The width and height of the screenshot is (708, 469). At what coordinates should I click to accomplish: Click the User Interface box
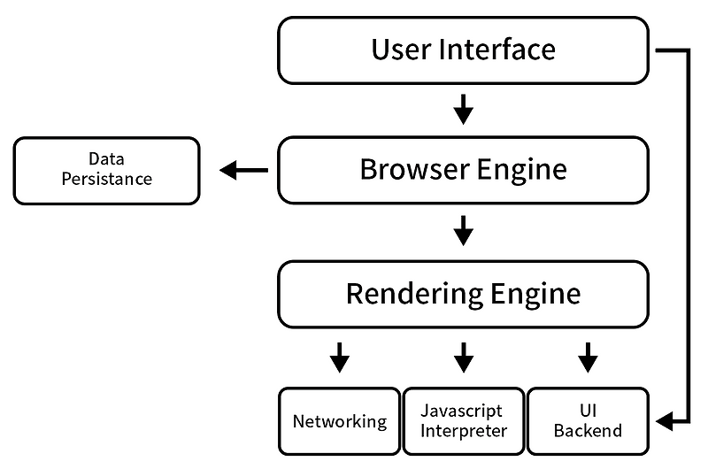[x=463, y=50]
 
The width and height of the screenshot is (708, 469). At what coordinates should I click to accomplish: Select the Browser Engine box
[x=463, y=170]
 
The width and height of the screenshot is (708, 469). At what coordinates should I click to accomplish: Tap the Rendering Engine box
[x=463, y=294]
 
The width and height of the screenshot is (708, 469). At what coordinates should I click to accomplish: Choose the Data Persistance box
[x=106, y=170]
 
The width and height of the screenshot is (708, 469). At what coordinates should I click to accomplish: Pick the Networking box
[x=340, y=419]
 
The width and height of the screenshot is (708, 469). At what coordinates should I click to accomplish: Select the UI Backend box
[x=588, y=419]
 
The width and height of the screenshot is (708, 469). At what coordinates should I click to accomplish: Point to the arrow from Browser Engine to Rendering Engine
[x=463, y=231]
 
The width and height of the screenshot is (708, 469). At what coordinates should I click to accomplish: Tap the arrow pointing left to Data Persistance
[x=243, y=170]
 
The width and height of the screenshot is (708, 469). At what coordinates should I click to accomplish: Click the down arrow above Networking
[x=340, y=358]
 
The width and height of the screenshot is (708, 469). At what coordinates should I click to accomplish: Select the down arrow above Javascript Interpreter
[x=463, y=358]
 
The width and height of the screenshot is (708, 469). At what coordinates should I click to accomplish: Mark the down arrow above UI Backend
[x=588, y=358]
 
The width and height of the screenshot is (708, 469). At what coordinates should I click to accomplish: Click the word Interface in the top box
[x=500, y=50]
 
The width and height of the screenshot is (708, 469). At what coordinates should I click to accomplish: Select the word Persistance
[x=106, y=179]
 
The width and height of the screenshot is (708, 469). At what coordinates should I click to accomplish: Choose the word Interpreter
[x=464, y=431]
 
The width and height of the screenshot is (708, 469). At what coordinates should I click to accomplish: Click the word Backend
[x=588, y=431]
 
